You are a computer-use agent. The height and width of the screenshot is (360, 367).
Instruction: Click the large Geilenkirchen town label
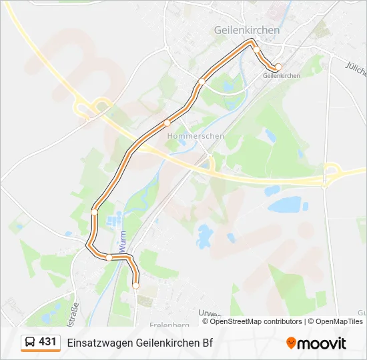(x=247, y=30)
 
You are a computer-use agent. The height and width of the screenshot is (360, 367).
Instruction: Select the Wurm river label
(x=123, y=245)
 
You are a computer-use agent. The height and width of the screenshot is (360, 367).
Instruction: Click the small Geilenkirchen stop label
(x=282, y=76)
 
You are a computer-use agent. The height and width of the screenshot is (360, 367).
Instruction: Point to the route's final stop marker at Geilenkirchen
(x=279, y=67)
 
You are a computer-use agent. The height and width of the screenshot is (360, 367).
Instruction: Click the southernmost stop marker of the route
(x=135, y=285)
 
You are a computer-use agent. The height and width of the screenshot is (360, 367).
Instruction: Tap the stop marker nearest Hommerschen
(x=167, y=123)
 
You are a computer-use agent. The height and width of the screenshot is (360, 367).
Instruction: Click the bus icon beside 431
(x=30, y=343)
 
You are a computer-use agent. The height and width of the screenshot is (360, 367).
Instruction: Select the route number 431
(x=47, y=342)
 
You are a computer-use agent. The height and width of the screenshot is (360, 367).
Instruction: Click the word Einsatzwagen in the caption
(x=100, y=343)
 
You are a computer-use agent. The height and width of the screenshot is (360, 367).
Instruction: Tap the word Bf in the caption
(x=208, y=343)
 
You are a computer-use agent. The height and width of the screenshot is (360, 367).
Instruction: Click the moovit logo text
(x=322, y=343)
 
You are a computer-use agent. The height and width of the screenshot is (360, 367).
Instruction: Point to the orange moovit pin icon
(x=291, y=343)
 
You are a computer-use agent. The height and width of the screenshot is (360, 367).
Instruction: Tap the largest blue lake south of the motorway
(x=286, y=205)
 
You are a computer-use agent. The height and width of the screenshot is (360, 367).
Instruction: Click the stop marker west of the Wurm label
(x=109, y=257)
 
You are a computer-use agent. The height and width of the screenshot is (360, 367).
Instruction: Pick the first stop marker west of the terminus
(x=256, y=49)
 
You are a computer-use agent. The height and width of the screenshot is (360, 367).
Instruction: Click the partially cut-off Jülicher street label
(x=356, y=68)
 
